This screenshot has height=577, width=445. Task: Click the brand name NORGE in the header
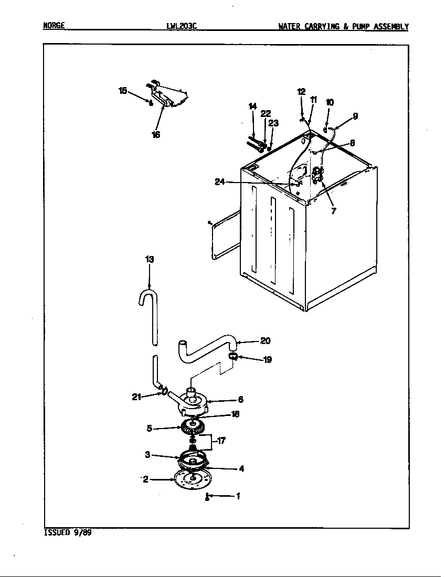tap(54, 26)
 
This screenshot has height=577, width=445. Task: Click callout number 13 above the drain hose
tap(150, 259)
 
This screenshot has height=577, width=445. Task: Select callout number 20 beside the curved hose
tap(266, 341)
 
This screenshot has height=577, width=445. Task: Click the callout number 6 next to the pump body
tap(241, 399)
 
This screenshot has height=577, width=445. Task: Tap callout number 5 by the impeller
tap(150, 428)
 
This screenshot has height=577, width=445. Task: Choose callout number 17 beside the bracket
tap(221, 441)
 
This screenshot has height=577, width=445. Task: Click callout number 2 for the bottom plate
tap(145, 479)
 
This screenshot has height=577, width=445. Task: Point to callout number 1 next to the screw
tap(238, 496)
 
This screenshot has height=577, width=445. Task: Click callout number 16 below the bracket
tap(156, 134)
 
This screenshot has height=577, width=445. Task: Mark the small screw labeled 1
tap(208, 497)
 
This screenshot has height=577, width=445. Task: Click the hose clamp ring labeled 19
tap(235, 359)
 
